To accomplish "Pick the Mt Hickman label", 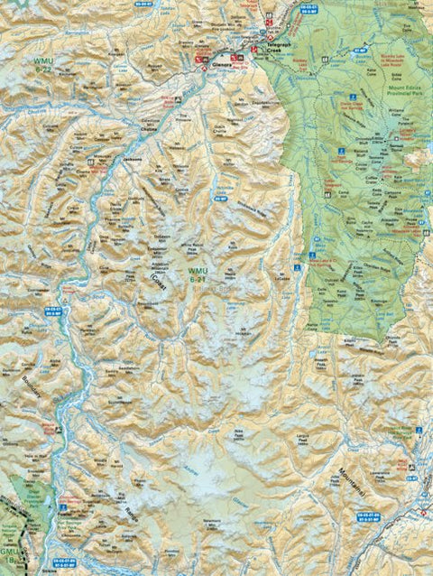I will (244, 332).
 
